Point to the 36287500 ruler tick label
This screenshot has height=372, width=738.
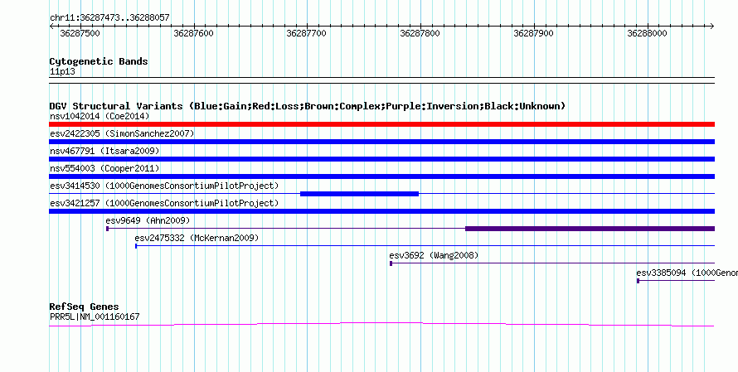pos(80,34)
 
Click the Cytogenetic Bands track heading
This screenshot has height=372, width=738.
pos(99,61)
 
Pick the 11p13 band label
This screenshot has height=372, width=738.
pos(61,72)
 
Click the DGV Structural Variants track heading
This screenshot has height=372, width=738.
pos(307,106)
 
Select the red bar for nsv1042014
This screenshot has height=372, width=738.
pos(381,124)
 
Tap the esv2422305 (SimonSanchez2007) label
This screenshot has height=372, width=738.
pos(122,133)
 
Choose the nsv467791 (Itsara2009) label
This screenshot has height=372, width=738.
pos(104,151)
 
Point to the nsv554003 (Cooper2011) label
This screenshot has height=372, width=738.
pos(104,168)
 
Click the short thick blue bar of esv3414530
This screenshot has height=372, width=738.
pos(359,194)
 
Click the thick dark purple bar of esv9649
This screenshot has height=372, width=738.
pos(590,229)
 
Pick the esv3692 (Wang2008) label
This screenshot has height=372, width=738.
pos(434,255)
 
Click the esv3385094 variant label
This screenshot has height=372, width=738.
pos(687,273)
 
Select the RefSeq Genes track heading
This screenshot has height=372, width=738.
pos(84,307)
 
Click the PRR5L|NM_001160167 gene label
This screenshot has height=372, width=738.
pos(95,316)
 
